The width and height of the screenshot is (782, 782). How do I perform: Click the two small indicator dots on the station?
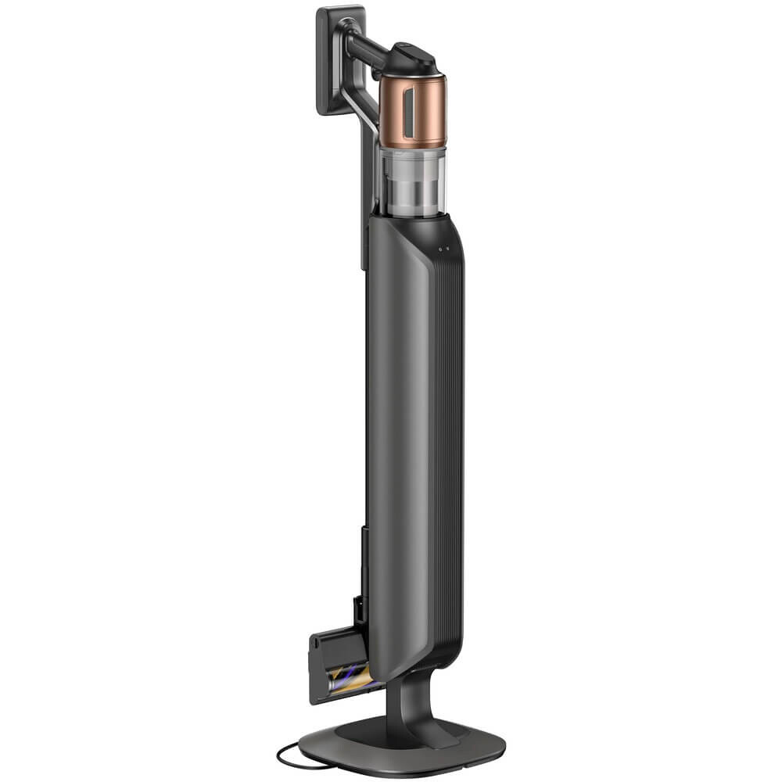coord(444,249)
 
